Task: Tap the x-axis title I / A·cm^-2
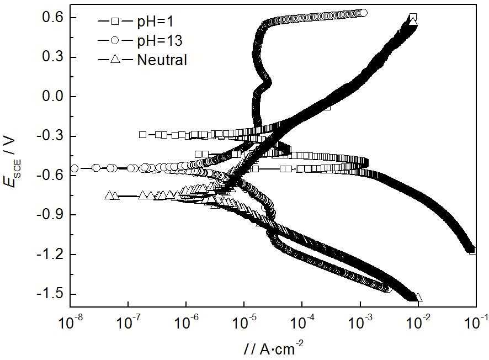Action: click(272, 348)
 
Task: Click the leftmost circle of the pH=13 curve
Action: click(74, 168)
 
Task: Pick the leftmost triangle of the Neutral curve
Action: click(109, 195)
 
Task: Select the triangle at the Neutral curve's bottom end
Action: click(418, 297)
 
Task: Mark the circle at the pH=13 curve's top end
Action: click(363, 12)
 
